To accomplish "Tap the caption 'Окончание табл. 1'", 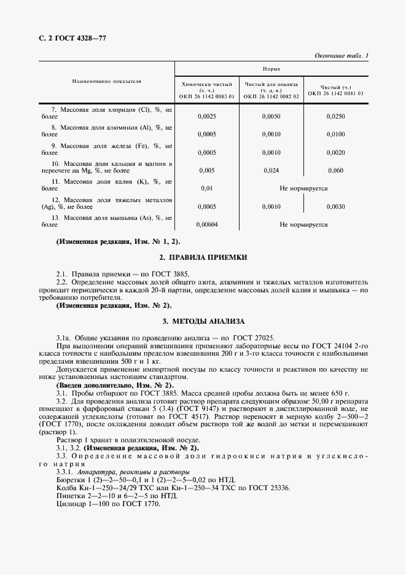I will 342,56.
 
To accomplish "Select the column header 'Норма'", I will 272,70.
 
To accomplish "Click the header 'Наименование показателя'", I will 106,81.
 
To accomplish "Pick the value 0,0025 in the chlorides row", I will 206,115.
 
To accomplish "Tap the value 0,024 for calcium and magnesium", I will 271,171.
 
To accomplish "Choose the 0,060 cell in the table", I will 336,171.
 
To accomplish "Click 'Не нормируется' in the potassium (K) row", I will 303,189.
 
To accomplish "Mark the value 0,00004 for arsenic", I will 206,225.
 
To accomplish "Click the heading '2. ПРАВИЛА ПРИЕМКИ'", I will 203,257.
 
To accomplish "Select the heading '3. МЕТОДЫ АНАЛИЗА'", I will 203,321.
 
